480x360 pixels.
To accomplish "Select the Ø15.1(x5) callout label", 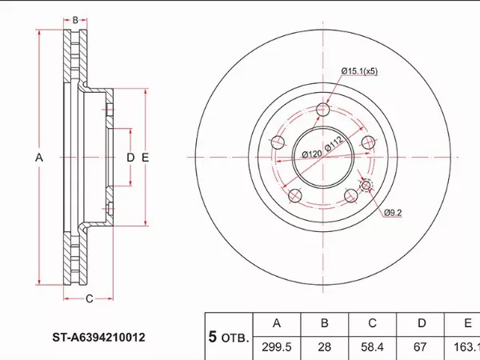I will [x=359, y=71].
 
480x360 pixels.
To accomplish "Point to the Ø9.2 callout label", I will [x=392, y=212].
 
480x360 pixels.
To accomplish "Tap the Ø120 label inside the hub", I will [x=310, y=153].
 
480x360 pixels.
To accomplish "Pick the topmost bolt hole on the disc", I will [x=323, y=110].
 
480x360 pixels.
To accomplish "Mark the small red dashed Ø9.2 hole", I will [x=367, y=186].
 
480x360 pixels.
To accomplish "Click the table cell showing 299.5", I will [x=276, y=347].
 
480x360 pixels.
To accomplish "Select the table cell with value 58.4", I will [x=372, y=347].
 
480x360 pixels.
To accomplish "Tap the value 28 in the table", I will [x=324, y=347].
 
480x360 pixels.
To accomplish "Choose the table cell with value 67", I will [x=420, y=347].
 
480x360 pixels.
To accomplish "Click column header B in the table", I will [x=324, y=324].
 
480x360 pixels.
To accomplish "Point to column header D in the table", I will [x=420, y=324].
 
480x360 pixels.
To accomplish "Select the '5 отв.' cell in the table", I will [x=228, y=336].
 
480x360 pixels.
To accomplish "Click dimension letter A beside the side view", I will [x=38, y=158].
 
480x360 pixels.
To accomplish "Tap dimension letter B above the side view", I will [x=75, y=20].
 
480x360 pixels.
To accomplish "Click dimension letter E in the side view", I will [x=145, y=158].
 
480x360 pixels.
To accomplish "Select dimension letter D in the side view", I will [x=130, y=158].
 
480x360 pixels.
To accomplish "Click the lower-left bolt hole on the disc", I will [x=294, y=195].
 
